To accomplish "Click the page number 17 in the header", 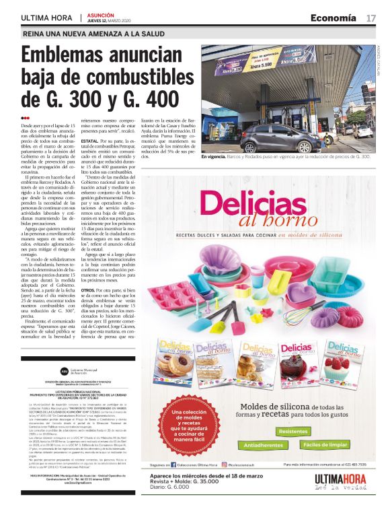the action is click(x=370, y=18).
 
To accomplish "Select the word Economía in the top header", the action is click(x=334, y=18).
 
